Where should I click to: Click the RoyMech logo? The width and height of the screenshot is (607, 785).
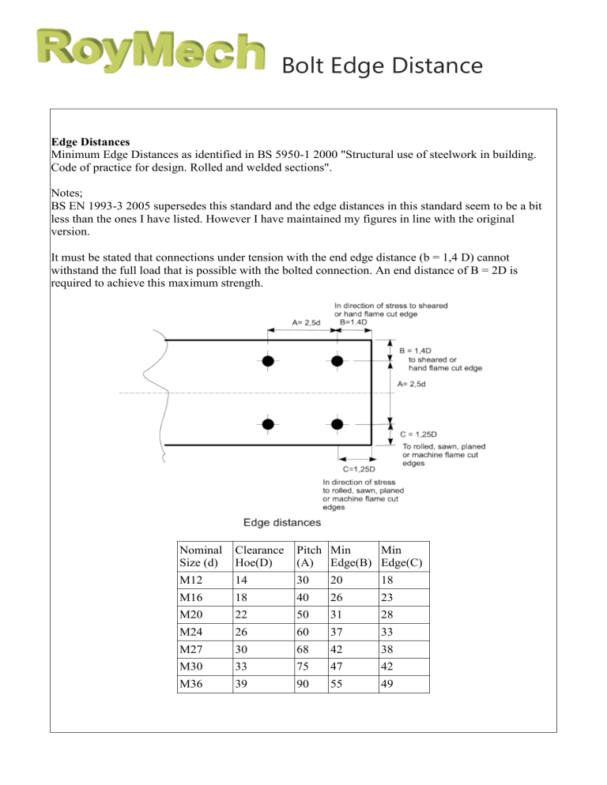point(150,52)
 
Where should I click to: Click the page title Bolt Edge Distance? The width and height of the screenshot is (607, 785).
point(381,66)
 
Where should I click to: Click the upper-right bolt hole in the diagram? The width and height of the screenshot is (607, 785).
point(337,361)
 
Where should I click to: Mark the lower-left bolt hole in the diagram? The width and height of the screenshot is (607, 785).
point(269,424)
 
